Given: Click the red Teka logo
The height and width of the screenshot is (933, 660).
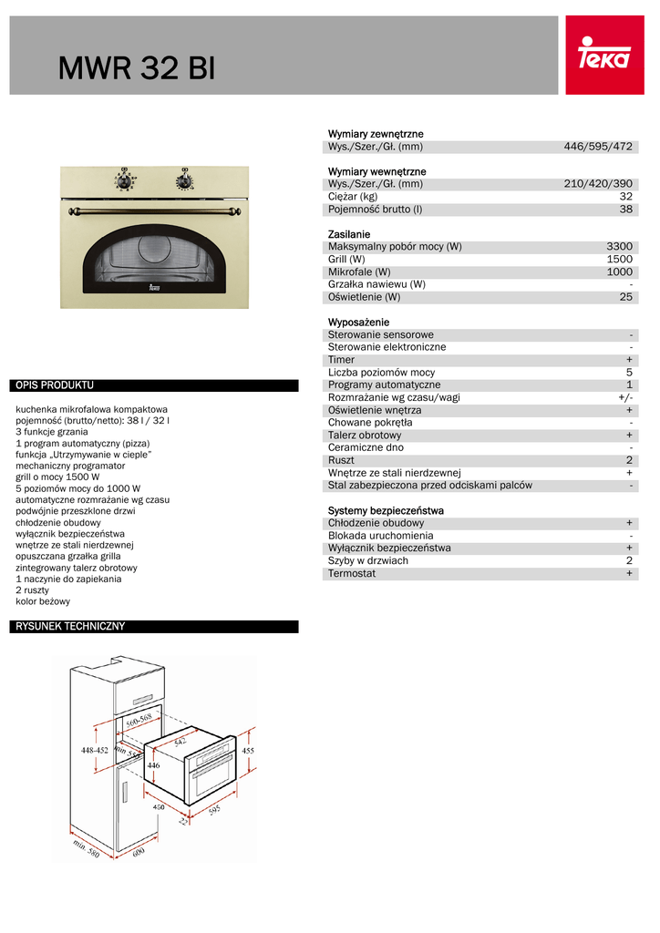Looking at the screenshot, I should pos(604,56).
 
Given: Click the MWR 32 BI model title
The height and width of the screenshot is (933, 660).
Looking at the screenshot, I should pos(137,68).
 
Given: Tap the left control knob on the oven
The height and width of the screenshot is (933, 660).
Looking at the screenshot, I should pos(124,178).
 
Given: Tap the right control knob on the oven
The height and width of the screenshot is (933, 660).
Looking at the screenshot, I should pos(185,178).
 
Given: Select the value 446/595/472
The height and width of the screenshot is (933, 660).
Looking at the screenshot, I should pos(598,147).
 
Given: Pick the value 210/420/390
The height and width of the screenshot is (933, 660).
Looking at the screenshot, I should pos(598,184).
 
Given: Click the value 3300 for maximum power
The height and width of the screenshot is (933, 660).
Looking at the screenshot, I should pos(620,247).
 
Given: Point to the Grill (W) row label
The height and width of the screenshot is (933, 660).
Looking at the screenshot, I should pos(346,260).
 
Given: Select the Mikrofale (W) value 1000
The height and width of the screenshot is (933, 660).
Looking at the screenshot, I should pos(620,272).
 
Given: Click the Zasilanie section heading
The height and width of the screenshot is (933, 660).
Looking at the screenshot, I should pos(349,234).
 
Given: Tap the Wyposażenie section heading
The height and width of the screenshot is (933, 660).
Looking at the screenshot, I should pos(358,323).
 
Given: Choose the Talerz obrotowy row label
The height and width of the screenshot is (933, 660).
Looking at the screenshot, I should pos(365,436).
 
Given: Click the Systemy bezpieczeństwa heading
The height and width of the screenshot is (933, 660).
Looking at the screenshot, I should pos(386,510).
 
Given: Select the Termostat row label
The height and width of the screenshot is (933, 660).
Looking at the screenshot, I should pos(352,573).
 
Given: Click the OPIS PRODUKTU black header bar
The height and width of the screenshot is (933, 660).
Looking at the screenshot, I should pos(155,385).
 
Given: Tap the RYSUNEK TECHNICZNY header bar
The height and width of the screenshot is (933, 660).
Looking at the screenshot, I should pos(155,627).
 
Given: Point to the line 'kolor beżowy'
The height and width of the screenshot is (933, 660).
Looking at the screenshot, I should pos(43,601).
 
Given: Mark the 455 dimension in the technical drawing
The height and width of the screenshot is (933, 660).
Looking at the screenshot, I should pos(248,751).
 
